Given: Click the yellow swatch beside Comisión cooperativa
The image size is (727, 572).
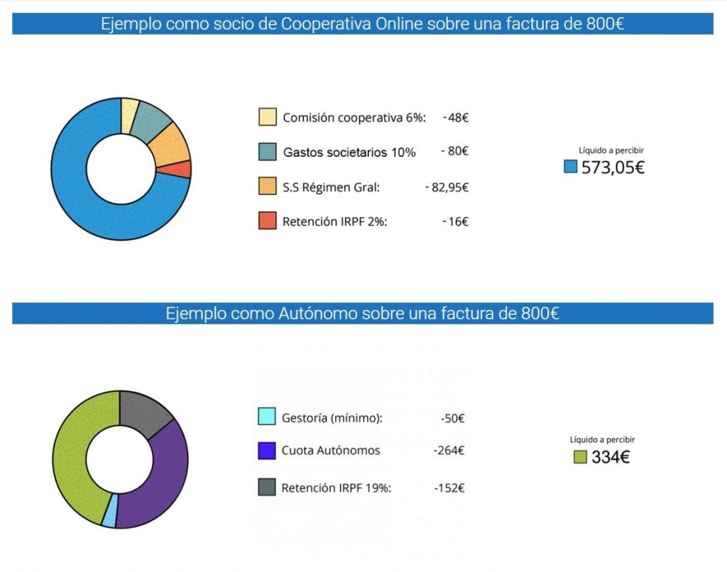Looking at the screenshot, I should tap(267, 117).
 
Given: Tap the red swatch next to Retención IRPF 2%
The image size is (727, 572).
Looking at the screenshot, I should tap(267, 221).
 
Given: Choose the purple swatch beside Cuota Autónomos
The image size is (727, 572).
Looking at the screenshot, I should tap(267, 451).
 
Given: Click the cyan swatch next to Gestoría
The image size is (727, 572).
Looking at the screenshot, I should tap(267, 417).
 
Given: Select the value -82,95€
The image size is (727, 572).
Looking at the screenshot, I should tap(447, 187).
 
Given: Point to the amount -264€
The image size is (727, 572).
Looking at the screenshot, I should tap(449, 451).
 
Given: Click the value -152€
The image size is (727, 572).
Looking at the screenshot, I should tap(449, 488).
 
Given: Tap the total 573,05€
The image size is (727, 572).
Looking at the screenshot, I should tap(613, 168).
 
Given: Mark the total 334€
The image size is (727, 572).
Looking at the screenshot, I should tap(611, 458).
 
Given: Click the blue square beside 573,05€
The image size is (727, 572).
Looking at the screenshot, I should tap(570, 167).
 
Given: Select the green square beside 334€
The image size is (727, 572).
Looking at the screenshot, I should tap(580, 458).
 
